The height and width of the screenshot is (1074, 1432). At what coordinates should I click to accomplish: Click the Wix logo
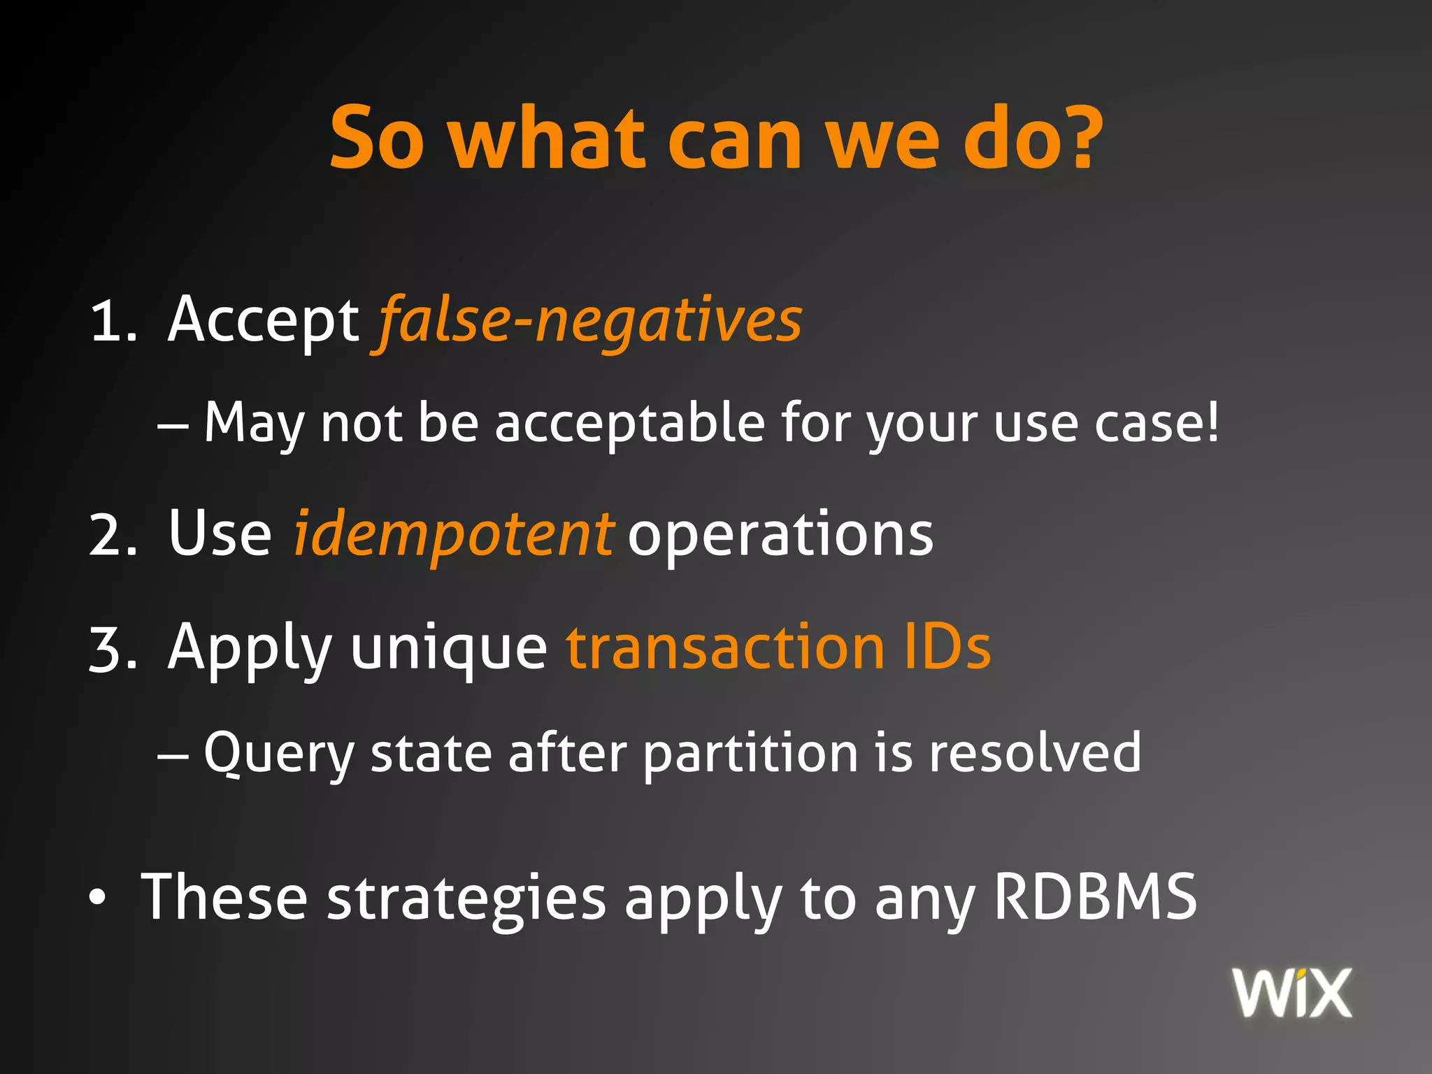[x=1292, y=993]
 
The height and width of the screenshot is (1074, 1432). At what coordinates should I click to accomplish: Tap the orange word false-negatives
[x=589, y=322]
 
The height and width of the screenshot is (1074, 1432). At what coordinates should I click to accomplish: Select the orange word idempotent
[x=453, y=534]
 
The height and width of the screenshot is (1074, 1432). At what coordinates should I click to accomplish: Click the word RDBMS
[x=1095, y=898]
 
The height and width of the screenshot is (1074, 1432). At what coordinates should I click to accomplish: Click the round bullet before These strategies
[x=98, y=899]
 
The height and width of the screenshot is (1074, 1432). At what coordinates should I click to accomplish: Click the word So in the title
[x=376, y=138]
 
